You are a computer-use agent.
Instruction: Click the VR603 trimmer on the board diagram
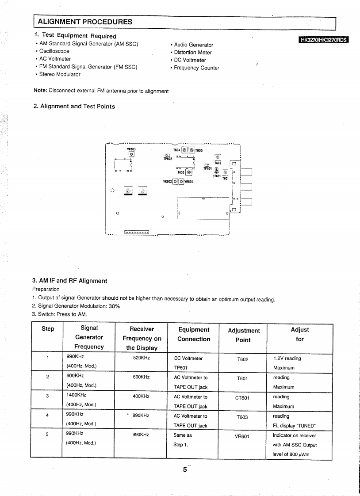(131, 154)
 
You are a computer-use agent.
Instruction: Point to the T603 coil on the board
(189, 173)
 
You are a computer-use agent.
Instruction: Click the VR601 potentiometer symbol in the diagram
(181, 181)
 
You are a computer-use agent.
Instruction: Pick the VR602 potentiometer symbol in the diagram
(176, 181)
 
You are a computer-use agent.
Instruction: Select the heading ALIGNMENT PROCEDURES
(85, 22)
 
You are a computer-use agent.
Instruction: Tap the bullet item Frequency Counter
(196, 68)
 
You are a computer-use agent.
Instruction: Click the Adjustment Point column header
(243, 335)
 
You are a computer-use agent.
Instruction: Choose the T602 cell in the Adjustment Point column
(243, 359)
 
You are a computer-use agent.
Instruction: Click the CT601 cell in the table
(243, 398)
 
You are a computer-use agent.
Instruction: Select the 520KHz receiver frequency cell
(141, 358)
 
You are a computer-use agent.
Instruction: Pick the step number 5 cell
(46, 435)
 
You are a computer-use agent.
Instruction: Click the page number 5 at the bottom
(185, 470)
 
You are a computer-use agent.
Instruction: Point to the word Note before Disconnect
(40, 91)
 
